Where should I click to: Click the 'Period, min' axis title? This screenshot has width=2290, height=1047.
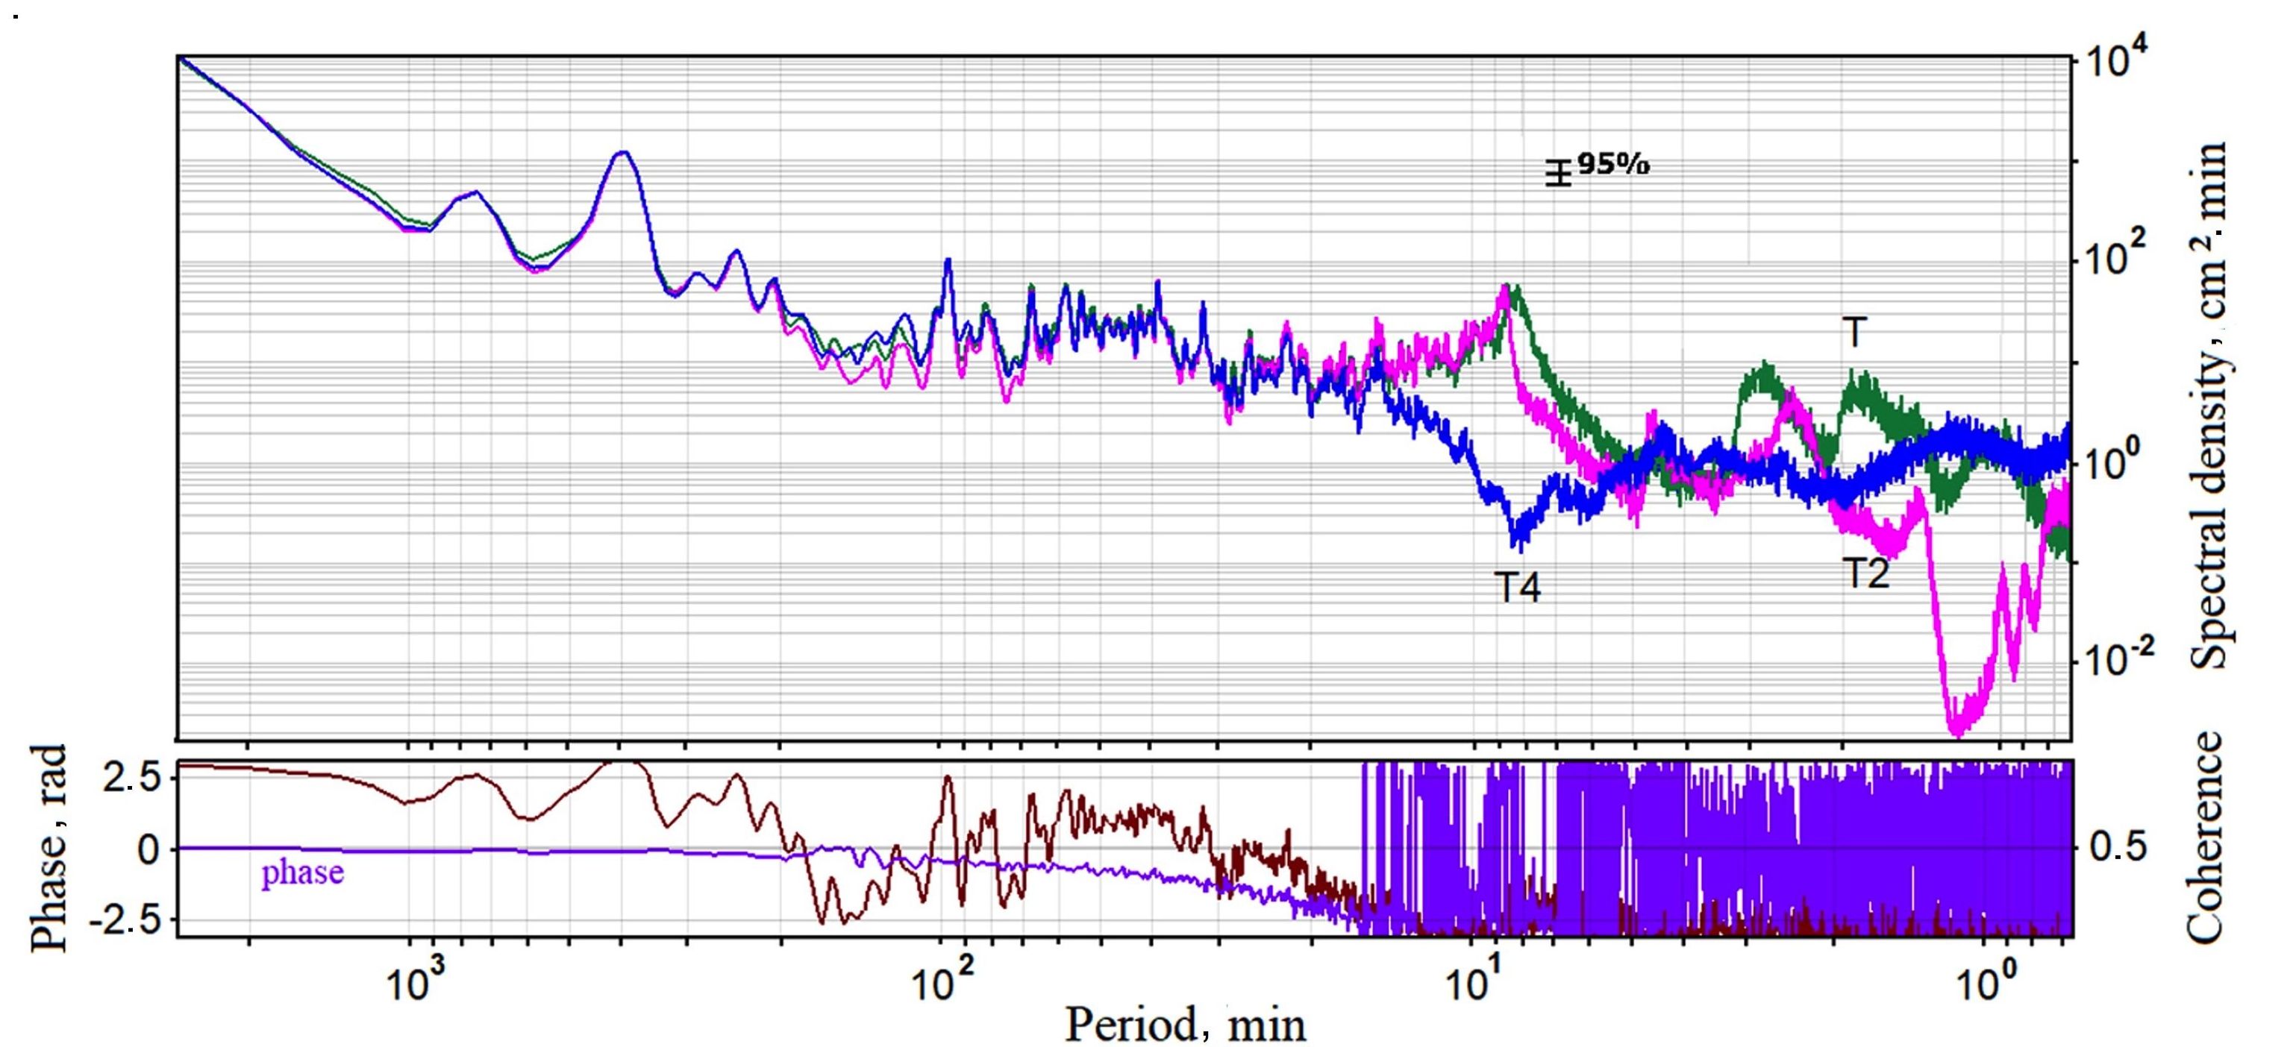coord(1185,1024)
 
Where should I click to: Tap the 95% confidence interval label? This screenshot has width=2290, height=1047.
coord(1612,164)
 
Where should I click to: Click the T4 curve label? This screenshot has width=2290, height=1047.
coord(1516,588)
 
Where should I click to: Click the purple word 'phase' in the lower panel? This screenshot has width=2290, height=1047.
coord(302,872)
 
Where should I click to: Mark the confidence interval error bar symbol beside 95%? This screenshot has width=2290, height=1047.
coord(1557,172)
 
